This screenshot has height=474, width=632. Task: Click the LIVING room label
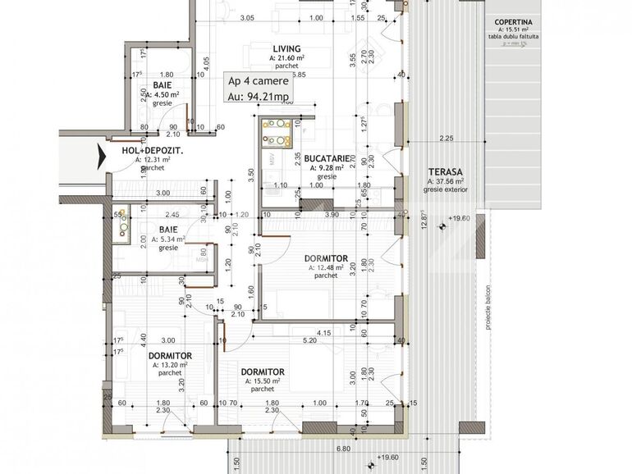pyautogui.click(x=287, y=49)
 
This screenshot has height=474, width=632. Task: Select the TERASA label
pyautogui.click(x=445, y=171)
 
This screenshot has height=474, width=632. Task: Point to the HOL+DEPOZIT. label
pyautogui.click(x=152, y=152)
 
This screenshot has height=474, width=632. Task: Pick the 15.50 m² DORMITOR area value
pyautogui.click(x=266, y=381)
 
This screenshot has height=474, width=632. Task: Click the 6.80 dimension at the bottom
pyautogui.click(x=343, y=449)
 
